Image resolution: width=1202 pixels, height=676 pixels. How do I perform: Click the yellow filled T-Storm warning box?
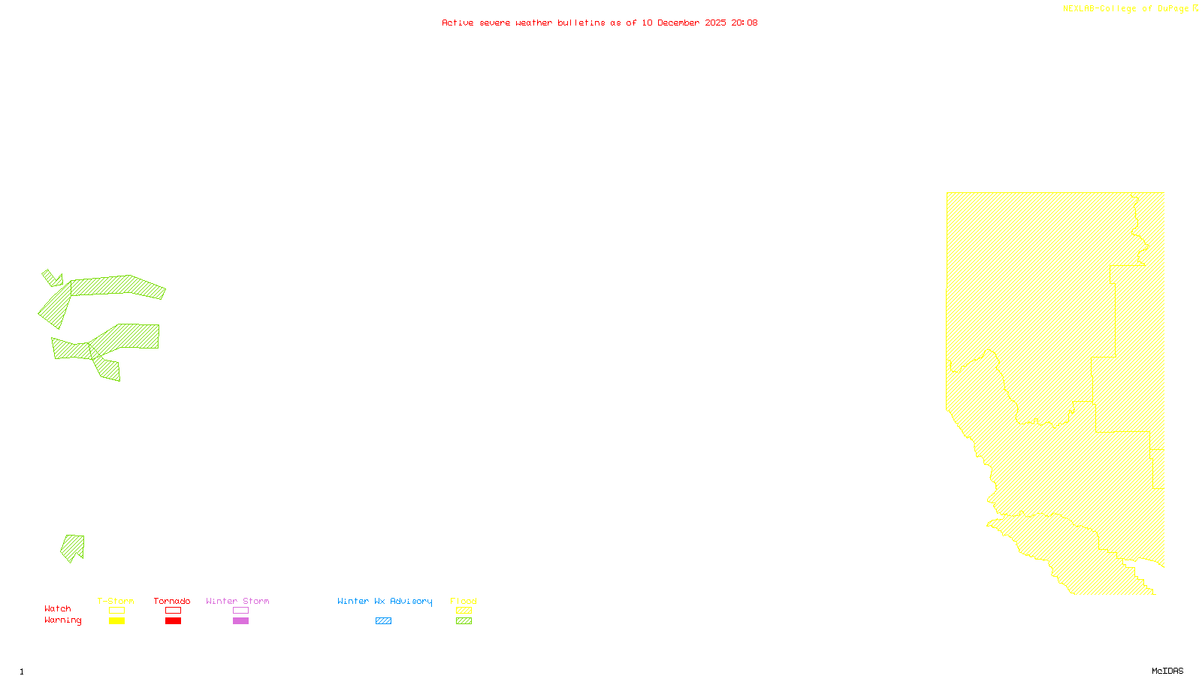tap(116, 621)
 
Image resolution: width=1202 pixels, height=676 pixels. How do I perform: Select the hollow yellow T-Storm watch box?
tap(116, 611)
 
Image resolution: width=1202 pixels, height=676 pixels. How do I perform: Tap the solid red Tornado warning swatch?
tap(173, 621)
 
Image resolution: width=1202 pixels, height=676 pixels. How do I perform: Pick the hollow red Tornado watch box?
tap(173, 611)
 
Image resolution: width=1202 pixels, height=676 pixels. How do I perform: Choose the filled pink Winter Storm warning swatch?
tap(240, 621)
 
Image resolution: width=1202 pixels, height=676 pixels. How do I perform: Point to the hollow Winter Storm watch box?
tap(240, 611)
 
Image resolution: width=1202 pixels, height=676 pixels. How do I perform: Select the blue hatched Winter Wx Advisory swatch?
tap(383, 621)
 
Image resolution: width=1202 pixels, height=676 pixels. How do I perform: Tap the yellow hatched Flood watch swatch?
tap(464, 611)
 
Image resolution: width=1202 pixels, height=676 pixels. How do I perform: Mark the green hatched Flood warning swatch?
tap(464, 621)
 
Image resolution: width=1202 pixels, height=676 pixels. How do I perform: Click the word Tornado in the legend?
tap(172, 601)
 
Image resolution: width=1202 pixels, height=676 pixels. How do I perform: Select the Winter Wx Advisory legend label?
tap(385, 601)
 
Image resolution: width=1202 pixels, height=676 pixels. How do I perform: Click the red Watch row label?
tap(58, 608)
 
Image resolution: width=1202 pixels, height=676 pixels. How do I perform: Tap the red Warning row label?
tap(62, 620)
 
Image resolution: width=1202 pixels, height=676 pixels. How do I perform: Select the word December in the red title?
tap(678, 23)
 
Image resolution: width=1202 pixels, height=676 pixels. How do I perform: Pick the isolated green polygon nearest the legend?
tap(73, 547)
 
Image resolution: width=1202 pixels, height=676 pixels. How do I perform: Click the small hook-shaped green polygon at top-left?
tap(52, 279)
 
